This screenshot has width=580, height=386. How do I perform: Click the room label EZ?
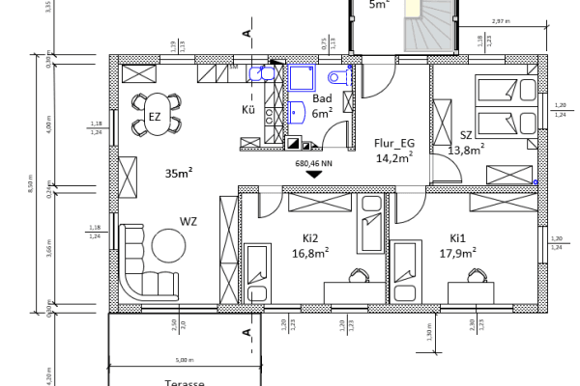click(x=154, y=117)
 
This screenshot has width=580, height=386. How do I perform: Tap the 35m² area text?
click(x=179, y=174)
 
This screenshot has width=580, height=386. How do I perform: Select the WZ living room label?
click(x=188, y=222)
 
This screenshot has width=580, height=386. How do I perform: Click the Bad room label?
click(x=322, y=98)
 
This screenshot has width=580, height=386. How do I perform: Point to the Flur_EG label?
click(x=393, y=144)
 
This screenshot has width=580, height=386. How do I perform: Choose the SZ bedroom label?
click(x=466, y=135)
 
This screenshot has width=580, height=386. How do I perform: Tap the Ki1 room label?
click(x=457, y=237)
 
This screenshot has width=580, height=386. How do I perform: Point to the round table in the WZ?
click(x=169, y=248)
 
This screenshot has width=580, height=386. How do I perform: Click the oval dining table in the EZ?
click(x=154, y=117)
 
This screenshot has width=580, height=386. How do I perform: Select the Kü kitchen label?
click(x=247, y=109)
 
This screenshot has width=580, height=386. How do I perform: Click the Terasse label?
click(x=187, y=382)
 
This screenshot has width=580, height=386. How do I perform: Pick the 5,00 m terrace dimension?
click(x=186, y=362)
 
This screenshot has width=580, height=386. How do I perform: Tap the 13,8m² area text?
click(x=465, y=150)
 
